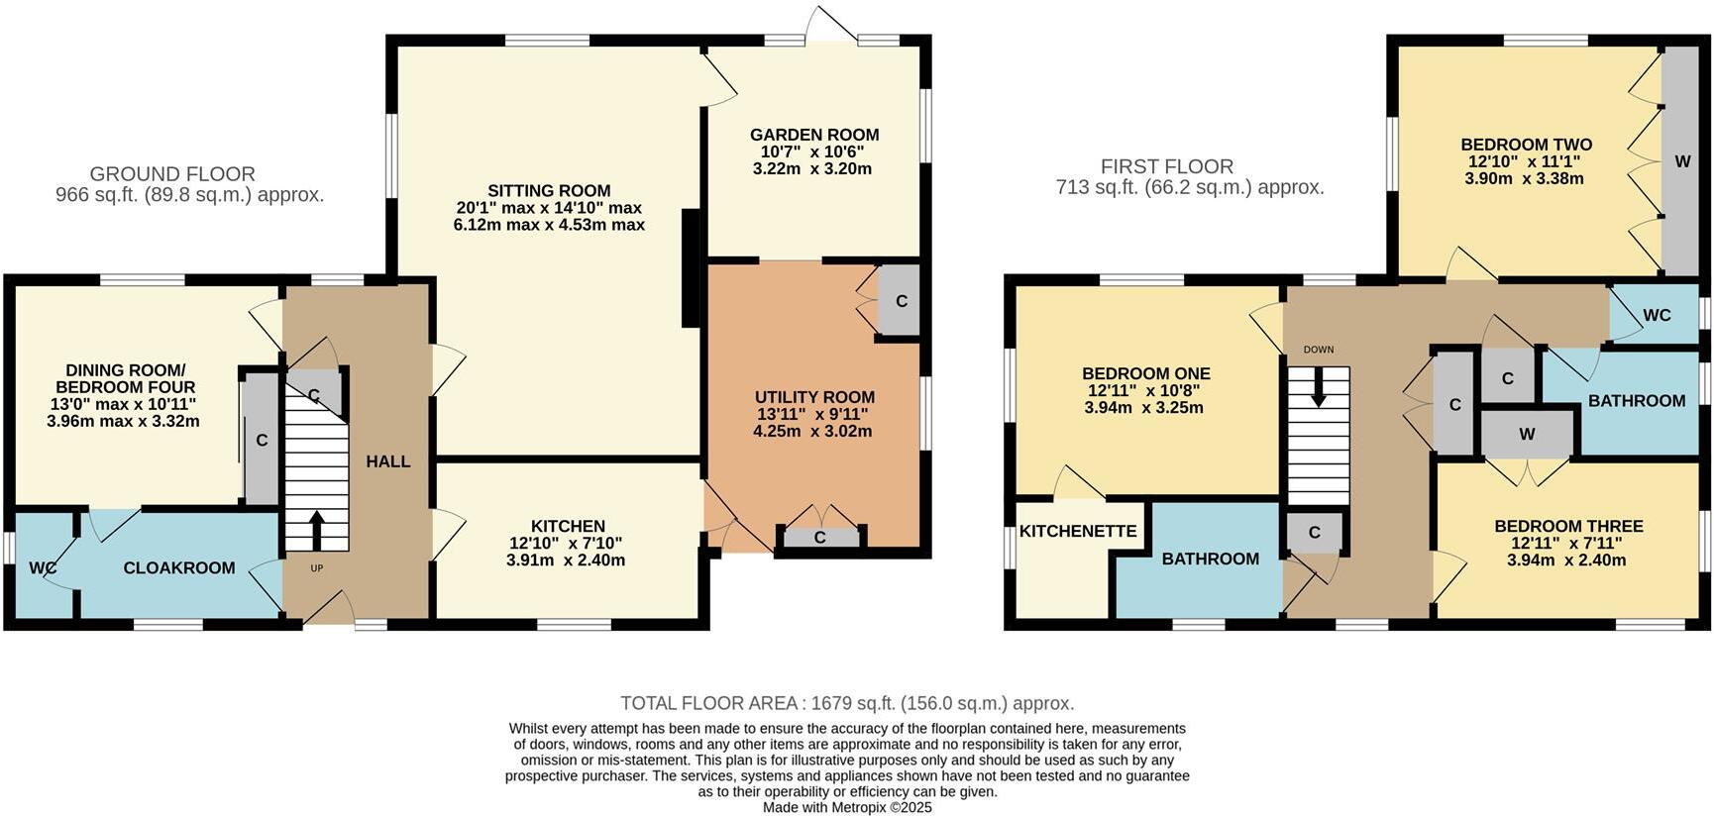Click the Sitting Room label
pyautogui.click(x=549, y=191)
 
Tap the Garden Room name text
pyautogui.click(x=814, y=135)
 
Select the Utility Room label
pyautogui.click(x=814, y=397)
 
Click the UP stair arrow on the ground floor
pyautogui.click(x=317, y=531)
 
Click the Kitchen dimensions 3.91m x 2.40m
pyautogui.click(x=566, y=560)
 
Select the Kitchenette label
pyautogui.click(x=1078, y=531)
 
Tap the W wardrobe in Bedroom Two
pyautogui.click(x=1682, y=161)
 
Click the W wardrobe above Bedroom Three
pyautogui.click(x=1527, y=434)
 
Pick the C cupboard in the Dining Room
pyautogui.click(x=262, y=440)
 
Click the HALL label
pyautogui.click(x=388, y=461)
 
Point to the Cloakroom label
pyautogui.click(x=179, y=567)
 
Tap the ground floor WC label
pyautogui.click(x=42, y=568)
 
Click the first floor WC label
pyautogui.click(x=1657, y=315)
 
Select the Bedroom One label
pyautogui.click(x=1146, y=373)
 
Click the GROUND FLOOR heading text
pyautogui.click(x=172, y=173)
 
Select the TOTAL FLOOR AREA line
pyautogui.click(x=847, y=703)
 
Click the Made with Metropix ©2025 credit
pyautogui.click(x=847, y=807)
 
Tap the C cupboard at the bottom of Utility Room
pyautogui.click(x=820, y=538)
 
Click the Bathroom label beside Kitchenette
pyautogui.click(x=1211, y=559)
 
